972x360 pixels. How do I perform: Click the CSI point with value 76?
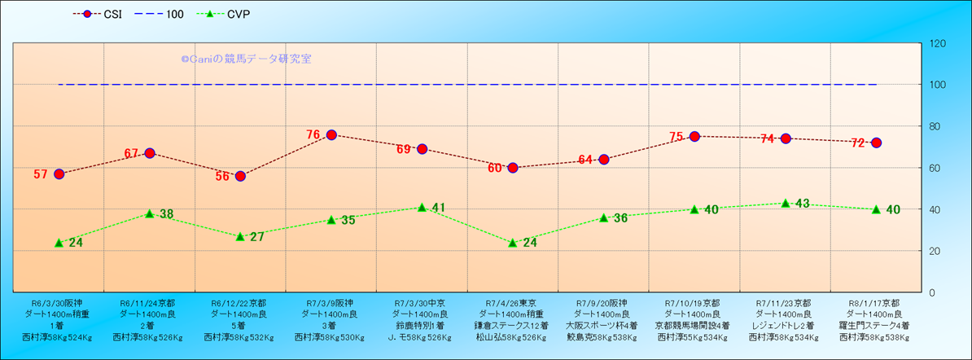point(331,134)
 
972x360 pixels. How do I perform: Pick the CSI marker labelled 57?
point(59,173)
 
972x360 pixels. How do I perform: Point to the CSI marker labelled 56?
point(240,176)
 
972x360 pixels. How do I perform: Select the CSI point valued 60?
point(513,168)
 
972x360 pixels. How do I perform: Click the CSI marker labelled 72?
point(876,143)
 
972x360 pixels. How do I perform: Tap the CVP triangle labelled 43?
point(786,203)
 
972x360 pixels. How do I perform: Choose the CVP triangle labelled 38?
point(150,213)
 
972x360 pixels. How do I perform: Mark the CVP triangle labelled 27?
point(240,236)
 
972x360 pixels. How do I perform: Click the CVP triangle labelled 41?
point(422,207)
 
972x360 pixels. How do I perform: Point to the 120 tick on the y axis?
point(937,43)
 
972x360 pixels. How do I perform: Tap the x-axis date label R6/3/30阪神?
point(59,301)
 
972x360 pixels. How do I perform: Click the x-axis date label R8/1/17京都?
point(876,301)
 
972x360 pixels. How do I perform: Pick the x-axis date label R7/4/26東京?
point(513,301)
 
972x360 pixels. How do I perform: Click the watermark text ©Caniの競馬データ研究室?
point(246,59)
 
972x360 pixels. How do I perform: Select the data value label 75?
point(676,137)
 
